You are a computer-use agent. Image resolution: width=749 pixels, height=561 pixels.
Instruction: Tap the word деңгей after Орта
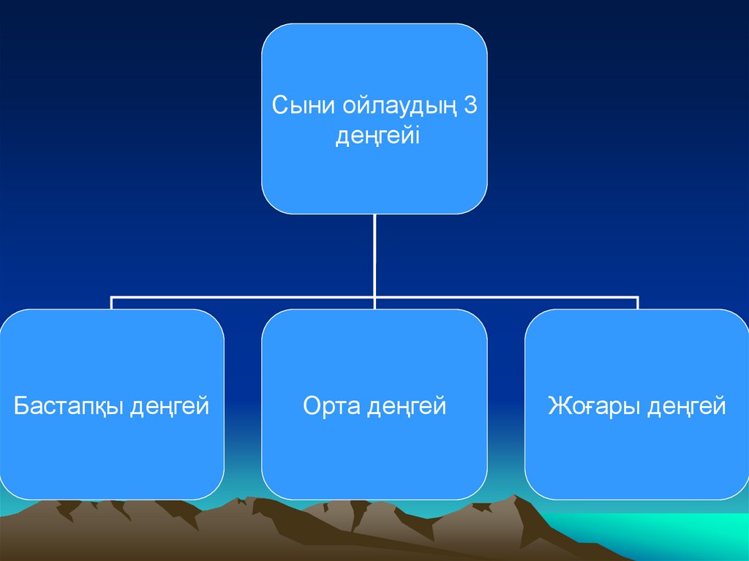coord(407,407)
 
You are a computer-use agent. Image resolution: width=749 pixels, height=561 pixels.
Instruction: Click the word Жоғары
coord(593,406)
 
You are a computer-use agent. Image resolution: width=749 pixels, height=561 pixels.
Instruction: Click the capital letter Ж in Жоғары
coord(558,405)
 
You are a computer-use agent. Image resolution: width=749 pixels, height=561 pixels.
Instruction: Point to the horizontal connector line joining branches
coord(241,298)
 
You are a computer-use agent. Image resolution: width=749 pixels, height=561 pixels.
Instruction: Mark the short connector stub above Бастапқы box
coord(111,304)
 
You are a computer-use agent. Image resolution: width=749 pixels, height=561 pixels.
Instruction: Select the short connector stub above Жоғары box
coord(638,304)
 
